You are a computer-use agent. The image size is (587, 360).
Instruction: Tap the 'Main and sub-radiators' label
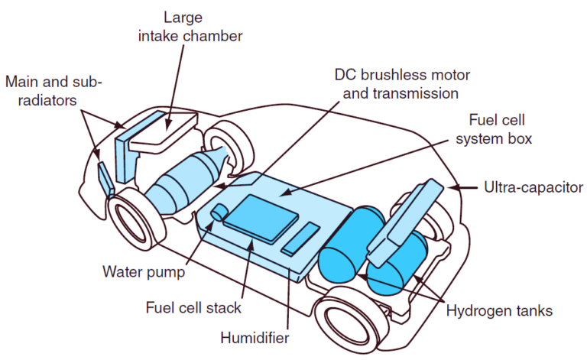tap(53, 89)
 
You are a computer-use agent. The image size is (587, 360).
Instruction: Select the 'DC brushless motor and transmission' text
tap(402, 84)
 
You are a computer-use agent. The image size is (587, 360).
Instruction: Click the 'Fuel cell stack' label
tap(193, 308)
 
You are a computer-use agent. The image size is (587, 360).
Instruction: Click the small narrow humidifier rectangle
tap(300, 238)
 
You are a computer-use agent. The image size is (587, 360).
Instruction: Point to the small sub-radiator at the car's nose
tap(104, 178)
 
